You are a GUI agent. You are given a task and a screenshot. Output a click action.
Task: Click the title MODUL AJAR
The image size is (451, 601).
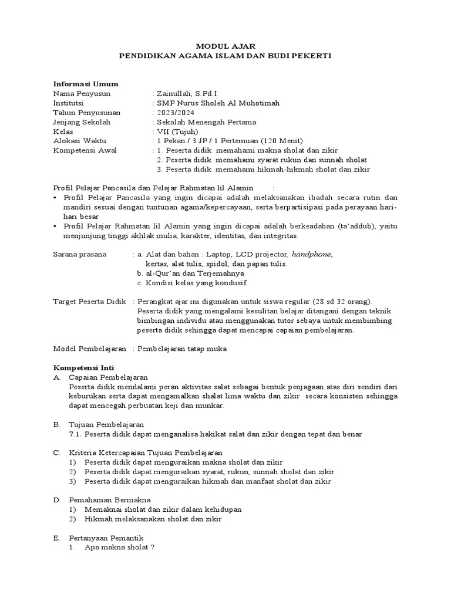(x=225, y=45)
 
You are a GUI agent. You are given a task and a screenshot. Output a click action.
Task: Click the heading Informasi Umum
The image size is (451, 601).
(x=85, y=84)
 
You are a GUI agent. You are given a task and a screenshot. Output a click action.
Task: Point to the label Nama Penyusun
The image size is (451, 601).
(x=82, y=93)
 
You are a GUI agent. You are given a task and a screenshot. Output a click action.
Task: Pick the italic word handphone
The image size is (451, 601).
(x=311, y=254)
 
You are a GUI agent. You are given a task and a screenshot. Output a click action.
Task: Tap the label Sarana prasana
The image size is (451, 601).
(x=80, y=254)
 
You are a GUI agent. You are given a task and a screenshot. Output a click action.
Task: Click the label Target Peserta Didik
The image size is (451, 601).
(x=90, y=301)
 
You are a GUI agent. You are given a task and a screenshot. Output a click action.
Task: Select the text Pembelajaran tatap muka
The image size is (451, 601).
(x=181, y=349)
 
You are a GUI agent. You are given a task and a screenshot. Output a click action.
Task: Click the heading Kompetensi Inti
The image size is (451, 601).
(x=79, y=367)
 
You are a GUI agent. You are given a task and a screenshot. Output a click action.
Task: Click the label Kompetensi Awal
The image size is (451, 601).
(x=85, y=150)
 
